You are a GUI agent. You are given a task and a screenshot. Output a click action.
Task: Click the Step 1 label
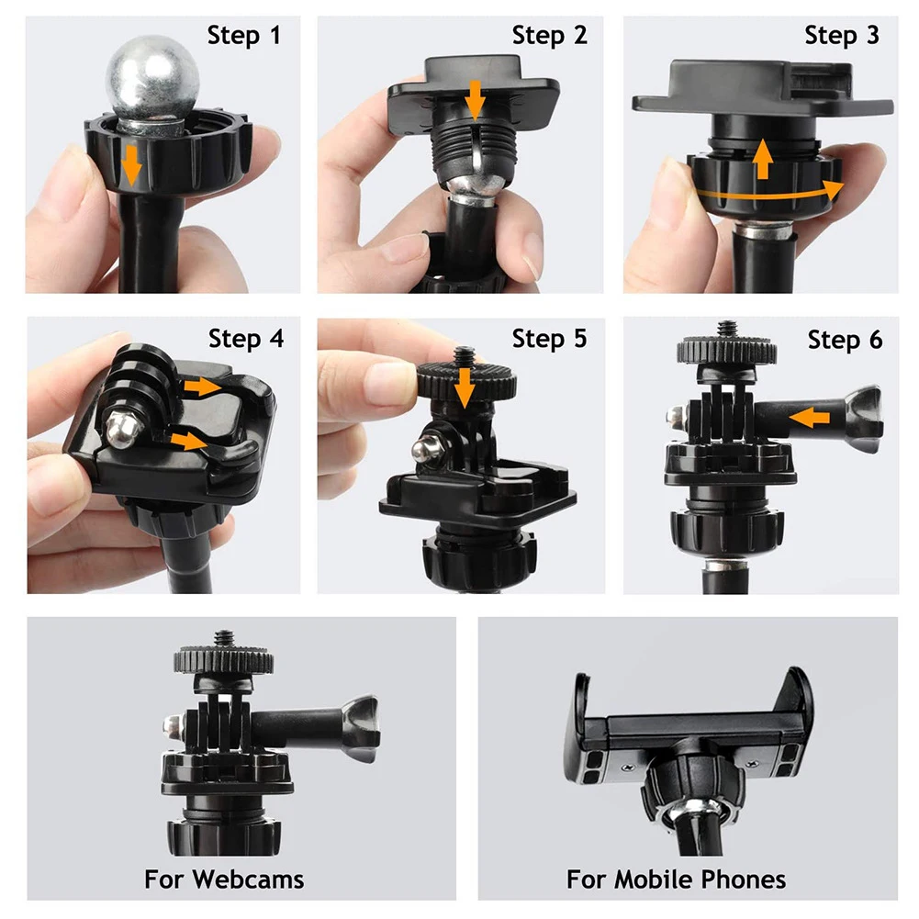click(243, 36)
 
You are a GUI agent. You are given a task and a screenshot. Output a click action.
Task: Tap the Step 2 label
click(549, 36)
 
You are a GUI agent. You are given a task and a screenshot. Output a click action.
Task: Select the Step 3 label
click(841, 36)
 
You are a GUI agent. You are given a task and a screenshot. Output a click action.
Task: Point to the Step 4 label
click(246, 339)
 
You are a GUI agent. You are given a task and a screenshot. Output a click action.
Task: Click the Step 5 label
click(549, 339)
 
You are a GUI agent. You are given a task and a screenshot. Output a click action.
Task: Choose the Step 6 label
click(845, 341)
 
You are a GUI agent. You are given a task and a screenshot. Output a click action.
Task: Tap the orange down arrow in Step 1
click(132, 165)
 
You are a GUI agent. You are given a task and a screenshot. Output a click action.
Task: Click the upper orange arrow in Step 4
click(202, 387)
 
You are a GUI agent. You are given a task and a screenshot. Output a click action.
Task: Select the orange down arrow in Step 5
click(465, 387)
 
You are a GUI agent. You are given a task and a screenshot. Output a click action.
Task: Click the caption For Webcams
click(224, 880)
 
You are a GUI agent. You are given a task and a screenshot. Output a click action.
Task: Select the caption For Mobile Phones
click(676, 880)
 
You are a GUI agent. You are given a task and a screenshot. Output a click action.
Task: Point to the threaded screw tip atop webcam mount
click(223, 636)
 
